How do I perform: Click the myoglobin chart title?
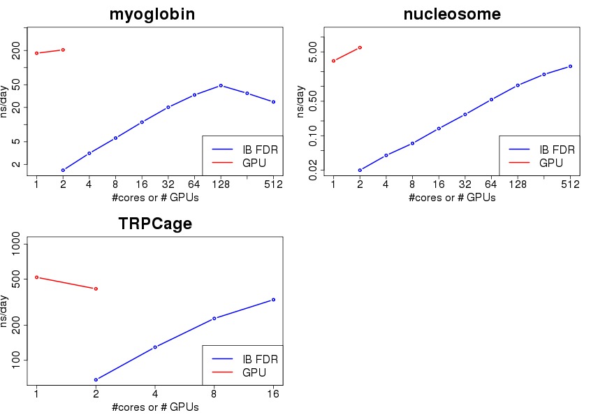[x=152, y=15]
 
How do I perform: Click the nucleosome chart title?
[x=451, y=15]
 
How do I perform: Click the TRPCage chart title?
[x=155, y=224]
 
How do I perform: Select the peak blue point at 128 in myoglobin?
[x=221, y=85]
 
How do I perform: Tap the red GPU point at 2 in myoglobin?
[x=63, y=50]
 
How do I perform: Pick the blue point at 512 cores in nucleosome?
[x=570, y=66]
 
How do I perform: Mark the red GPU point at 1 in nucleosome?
[x=333, y=61]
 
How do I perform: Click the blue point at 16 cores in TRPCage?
[x=273, y=300]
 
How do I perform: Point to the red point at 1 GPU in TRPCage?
[x=36, y=277]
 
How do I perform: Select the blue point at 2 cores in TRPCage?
[x=96, y=379]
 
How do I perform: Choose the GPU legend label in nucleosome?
[x=552, y=163]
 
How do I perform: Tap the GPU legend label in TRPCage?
[x=254, y=372]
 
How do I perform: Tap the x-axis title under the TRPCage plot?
[x=155, y=407]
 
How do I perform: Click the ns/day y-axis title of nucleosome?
[x=301, y=101]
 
